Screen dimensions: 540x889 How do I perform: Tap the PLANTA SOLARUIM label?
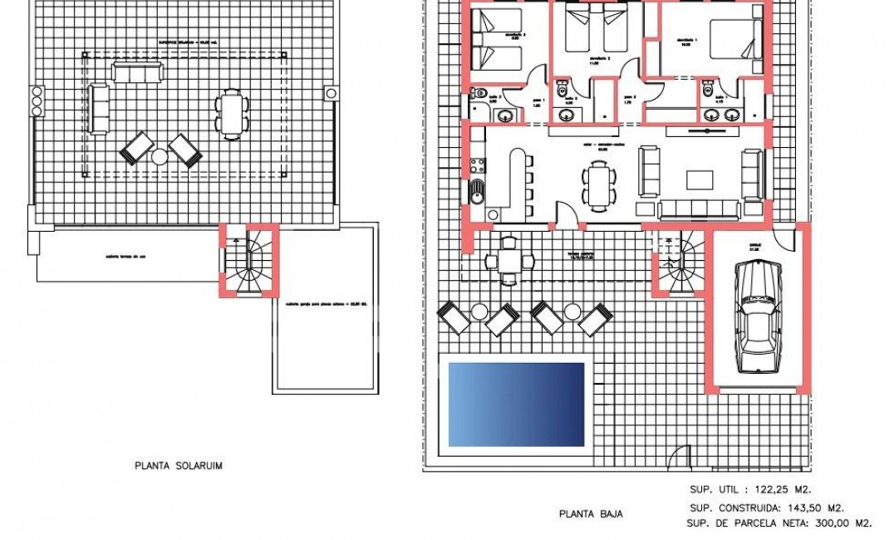(178, 466)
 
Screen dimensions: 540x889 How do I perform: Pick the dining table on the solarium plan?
(230, 113)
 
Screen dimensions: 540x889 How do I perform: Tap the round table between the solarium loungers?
(160, 155)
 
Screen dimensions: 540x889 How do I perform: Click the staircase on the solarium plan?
(248, 261)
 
